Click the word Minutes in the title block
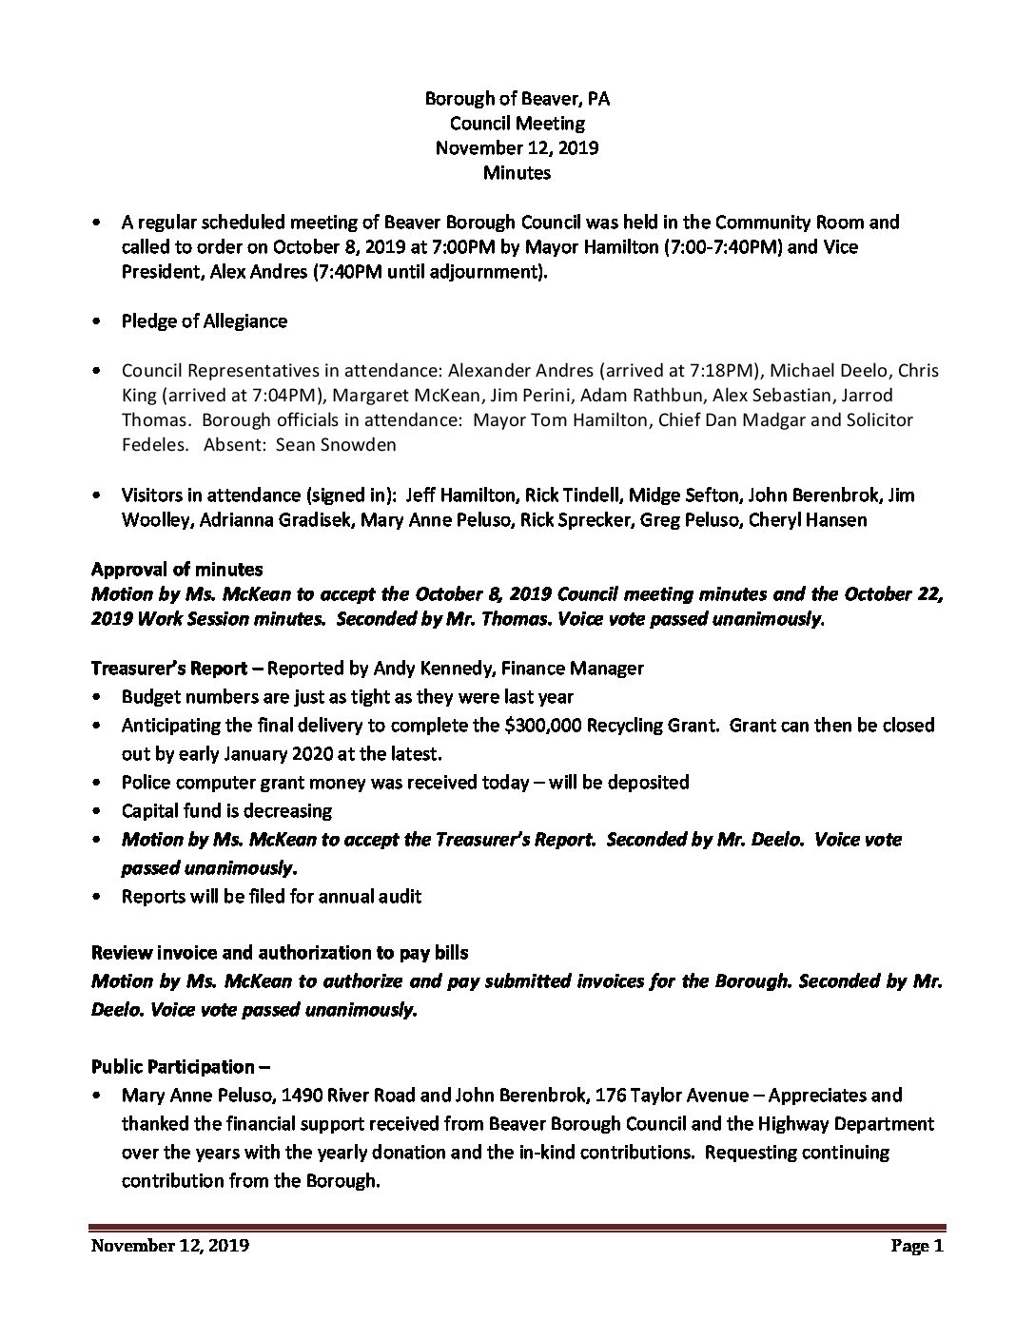pyautogui.click(x=517, y=173)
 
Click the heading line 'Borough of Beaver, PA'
pyautogui.click(x=517, y=98)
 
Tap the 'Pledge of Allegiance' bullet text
pyautogui.click(x=204, y=320)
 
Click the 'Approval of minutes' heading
pyautogui.click(x=177, y=570)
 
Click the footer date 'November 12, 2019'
pyautogui.click(x=170, y=1246)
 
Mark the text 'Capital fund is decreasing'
pyautogui.click(x=226, y=811)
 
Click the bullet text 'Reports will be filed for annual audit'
pyautogui.click(x=271, y=896)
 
